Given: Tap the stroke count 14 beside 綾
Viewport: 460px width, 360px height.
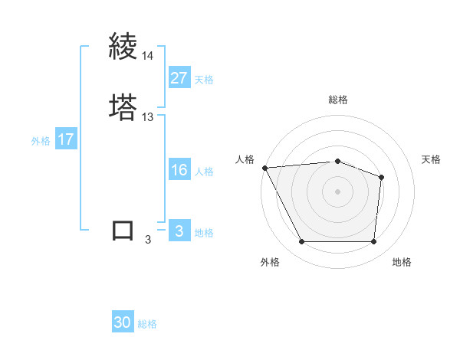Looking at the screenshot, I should pyautogui.click(x=147, y=56).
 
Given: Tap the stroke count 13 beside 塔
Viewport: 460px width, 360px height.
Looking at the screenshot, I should pyautogui.click(x=147, y=117).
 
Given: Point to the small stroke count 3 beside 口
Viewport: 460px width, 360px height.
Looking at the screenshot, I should pyautogui.click(x=147, y=240).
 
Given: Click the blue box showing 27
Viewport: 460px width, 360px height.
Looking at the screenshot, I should pyautogui.click(x=179, y=78).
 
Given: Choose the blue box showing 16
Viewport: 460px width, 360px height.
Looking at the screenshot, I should pyautogui.click(x=179, y=170).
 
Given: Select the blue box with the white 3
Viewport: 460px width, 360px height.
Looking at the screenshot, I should pyautogui.click(x=179, y=231).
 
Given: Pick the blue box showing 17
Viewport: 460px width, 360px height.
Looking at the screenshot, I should pyautogui.click(x=66, y=139).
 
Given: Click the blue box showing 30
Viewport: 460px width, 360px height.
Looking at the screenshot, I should pyautogui.click(x=123, y=323).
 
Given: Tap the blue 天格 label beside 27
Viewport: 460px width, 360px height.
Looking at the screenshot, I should pyautogui.click(x=204, y=80).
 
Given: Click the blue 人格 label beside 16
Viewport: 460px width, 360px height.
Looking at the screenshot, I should pyautogui.click(x=204, y=172).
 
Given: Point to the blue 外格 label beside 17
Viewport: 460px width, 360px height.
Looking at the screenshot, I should pyautogui.click(x=41, y=141).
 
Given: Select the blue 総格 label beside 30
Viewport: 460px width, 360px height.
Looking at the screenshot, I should pyautogui.click(x=148, y=325).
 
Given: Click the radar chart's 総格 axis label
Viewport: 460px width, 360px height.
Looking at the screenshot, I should pyautogui.click(x=338, y=100).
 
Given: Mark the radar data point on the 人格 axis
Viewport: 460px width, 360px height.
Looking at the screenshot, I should pyautogui.click(x=264, y=168).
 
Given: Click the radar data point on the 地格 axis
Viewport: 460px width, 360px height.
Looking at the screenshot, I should pyautogui.click(x=373, y=242).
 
